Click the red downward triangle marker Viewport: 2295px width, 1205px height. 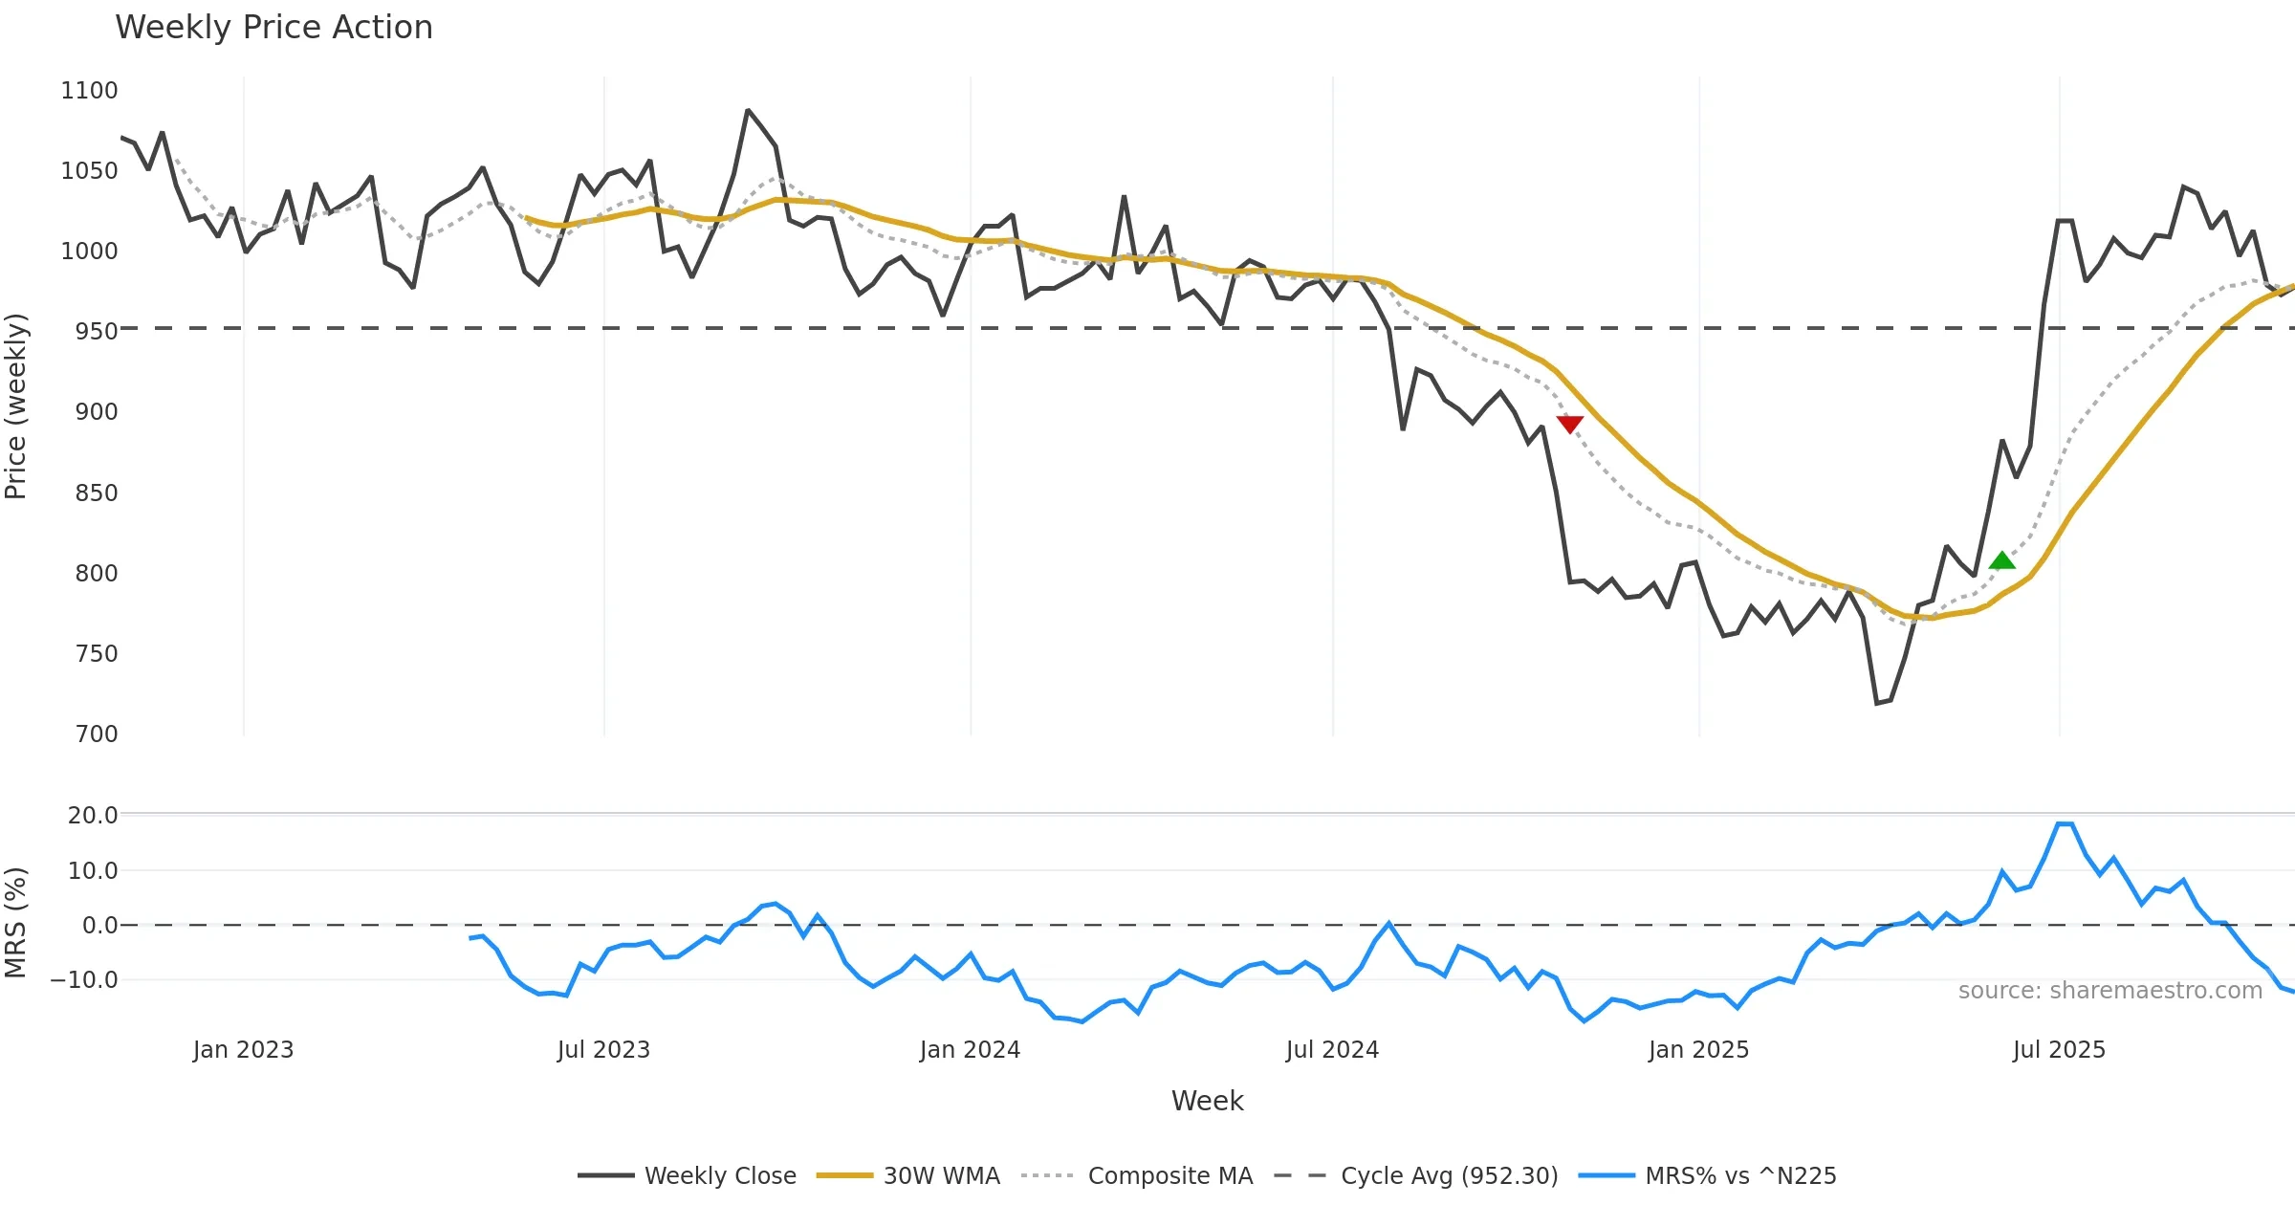1569,424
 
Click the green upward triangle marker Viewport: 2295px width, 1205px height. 2001,560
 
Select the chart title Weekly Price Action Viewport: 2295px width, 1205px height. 273,28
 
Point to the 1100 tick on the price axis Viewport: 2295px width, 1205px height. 89,91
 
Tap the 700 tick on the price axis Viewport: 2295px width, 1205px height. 96,734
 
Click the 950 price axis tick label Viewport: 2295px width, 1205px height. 96,332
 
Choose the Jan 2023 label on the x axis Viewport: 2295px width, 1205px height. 243,1050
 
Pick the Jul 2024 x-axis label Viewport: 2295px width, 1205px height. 1332,1050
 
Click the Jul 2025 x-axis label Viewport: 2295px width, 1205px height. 2059,1050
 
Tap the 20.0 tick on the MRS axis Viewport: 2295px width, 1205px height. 93,816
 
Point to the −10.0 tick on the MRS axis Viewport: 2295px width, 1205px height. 84,980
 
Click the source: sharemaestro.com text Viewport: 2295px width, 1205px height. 2109,991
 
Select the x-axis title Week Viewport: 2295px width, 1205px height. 1207,1102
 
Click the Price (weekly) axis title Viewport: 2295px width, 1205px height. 16,406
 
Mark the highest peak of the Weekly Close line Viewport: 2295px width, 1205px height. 748,111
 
